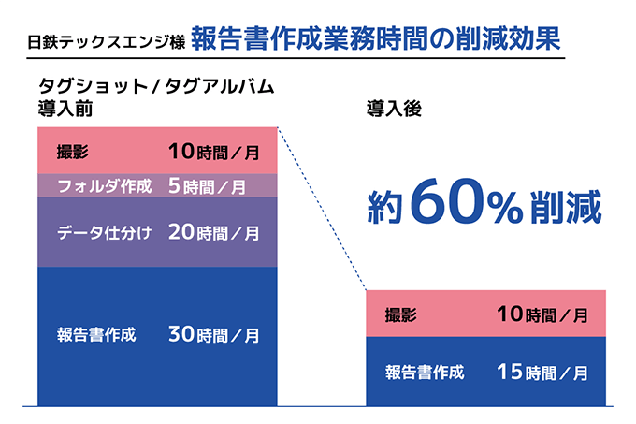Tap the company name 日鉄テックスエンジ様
[x=106, y=42]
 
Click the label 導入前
[x=65, y=108]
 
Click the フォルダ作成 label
[x=104, y=186]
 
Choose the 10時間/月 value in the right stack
[x=542, y=314]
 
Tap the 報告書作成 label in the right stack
[x=425, y=372]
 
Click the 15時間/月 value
[x=542, y=372]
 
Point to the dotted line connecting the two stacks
[x=323, y=209]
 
